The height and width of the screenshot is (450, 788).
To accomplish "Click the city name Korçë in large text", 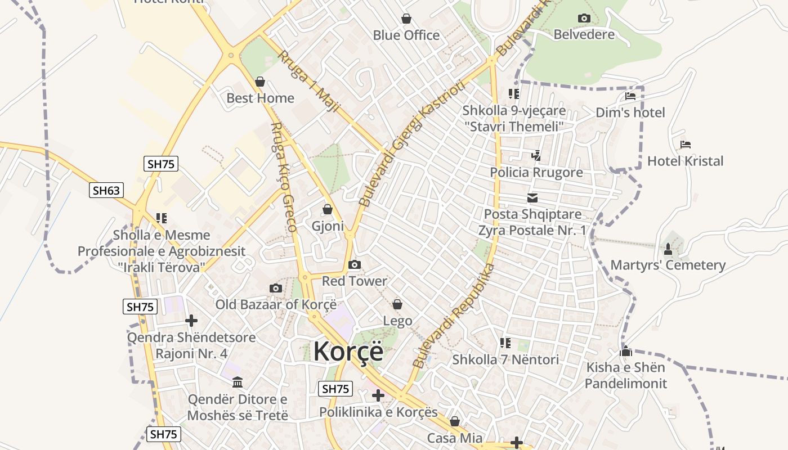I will coord(348,352).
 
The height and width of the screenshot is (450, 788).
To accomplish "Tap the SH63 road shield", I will coord(106,190).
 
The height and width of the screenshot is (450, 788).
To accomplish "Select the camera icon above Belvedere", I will coord(584,18).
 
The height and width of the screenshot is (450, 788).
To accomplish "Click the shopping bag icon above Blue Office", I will coord(406,19).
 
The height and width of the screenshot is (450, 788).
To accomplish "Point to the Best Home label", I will coord(260,98).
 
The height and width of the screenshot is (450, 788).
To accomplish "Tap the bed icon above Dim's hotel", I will coord(630,96).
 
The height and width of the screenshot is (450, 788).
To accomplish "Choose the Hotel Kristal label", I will coord(685,161).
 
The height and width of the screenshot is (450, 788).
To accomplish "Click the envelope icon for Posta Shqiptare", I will coord(532,198).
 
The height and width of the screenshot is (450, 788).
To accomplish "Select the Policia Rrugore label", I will coord(536,172).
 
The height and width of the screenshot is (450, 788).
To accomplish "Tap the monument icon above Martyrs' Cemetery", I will coord(668,248).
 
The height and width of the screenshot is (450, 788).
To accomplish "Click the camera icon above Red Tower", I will coord(355,264).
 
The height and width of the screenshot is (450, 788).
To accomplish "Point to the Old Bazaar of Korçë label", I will coord(276,304).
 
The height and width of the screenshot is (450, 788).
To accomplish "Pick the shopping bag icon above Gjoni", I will coord(328,209).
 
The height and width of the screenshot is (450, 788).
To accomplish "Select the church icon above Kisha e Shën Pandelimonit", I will coord(625,352).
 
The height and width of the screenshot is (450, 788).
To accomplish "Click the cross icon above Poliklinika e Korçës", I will coord(378,395).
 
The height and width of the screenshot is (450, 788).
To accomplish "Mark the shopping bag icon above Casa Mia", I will coord(455,421).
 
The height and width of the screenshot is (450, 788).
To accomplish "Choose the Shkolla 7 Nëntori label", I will coord(505,359).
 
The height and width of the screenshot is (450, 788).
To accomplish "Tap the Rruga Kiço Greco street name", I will coord(283,177).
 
